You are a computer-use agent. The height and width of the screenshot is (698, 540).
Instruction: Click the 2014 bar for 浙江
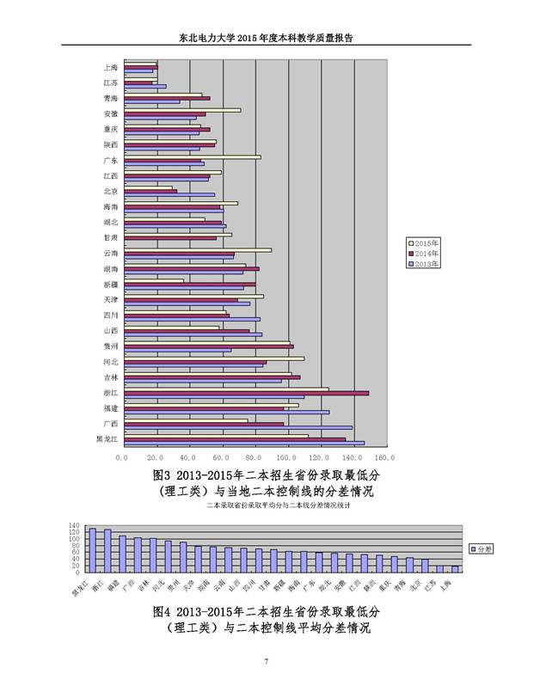click(247, 393)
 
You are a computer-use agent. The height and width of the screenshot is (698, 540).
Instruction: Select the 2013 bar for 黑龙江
click(244, 444)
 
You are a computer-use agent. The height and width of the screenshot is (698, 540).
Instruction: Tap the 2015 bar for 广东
click(192, 156)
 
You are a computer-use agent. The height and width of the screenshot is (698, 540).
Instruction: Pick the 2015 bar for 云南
click(198, 250)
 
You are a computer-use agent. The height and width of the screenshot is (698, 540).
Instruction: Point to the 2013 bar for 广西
click(238, 427)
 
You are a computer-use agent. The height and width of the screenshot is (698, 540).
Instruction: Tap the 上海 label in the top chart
click(110, 67)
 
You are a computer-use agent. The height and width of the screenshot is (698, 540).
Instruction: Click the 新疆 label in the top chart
click(110, 285)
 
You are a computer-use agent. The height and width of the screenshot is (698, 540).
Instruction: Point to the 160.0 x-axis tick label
click(384, 457)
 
